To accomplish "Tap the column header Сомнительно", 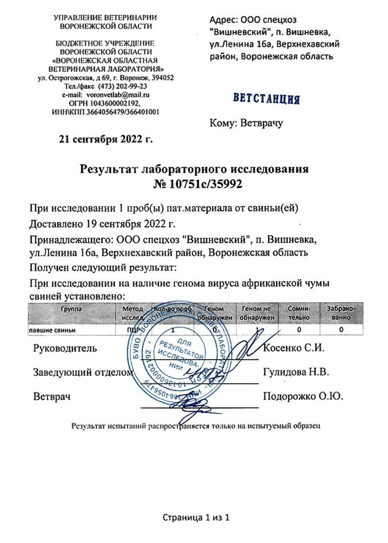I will (x=298, y=313).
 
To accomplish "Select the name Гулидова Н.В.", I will (x=295, y=372).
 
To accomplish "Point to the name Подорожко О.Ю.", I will (x=303, y=397).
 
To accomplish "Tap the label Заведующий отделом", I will (x=83, y=372).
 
